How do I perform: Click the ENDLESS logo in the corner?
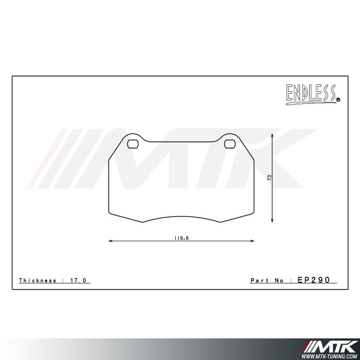311,93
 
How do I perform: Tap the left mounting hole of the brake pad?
133,143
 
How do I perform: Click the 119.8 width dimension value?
181,238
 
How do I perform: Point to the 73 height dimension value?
269,177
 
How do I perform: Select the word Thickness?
37,280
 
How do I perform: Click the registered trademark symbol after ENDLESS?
337,100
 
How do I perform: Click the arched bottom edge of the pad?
182,215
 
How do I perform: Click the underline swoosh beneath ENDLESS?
309,103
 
